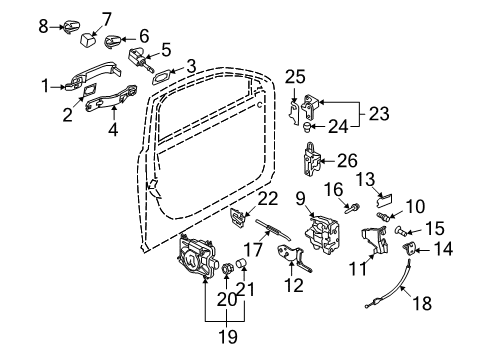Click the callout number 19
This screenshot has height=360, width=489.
[x=228, y=336]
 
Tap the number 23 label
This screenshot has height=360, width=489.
[x=379, y=114]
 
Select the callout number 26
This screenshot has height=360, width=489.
[x=347, y=161]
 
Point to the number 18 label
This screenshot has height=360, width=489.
[x=422, y=303]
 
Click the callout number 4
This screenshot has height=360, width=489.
[x=113, y=130]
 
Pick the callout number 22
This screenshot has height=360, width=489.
[x=268, y=199]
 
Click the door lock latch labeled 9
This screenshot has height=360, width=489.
[x=323, y=235]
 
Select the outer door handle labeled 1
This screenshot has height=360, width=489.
[x=93, y=77]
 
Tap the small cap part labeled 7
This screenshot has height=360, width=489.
[x=88, y=40]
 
